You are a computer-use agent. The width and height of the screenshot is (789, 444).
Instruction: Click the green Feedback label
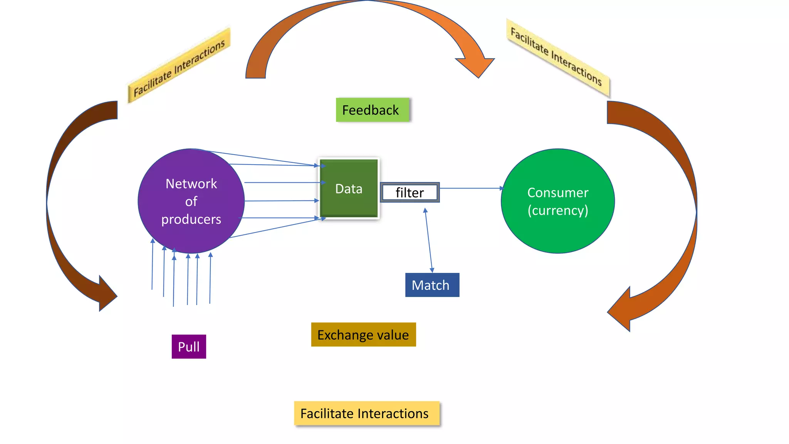pyautogui.click(x=372, y=110)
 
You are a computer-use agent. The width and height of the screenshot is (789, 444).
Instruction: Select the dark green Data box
pyautogui.click(x=349, y=188)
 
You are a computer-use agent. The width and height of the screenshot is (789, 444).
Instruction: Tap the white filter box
pyautogui.click(x=410, y=192)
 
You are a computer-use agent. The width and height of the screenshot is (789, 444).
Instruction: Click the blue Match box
pyautogui.click(x=432, y=285)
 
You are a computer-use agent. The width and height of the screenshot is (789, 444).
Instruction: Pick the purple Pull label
pyautogui.click(x=189, y=346)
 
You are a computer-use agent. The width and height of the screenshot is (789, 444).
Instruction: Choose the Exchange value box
pyautogui.click(x=363, y=335)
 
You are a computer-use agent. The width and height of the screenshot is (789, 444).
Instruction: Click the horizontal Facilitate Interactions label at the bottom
pyautogui.click(x=366, y=414)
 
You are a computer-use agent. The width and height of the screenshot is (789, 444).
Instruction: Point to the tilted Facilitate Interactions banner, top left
pyautogui.click(x=179, y=68)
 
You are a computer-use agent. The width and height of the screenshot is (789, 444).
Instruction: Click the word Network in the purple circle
pyautogui.click(x=191, y=184)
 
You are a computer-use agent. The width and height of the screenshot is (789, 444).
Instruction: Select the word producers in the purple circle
pyautogui.click(x=191, y=219)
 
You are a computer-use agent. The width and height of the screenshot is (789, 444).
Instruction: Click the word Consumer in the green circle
pyautogui.click(x=557, y=193)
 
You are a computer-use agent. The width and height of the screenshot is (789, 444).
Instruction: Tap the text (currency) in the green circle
pyautogui.click(x=557, y=210)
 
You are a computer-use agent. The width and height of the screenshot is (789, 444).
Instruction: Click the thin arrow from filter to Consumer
pyautogui.click(x=470, y=188)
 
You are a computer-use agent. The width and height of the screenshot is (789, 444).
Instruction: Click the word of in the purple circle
pyautogui.click(x=191, y=202)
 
